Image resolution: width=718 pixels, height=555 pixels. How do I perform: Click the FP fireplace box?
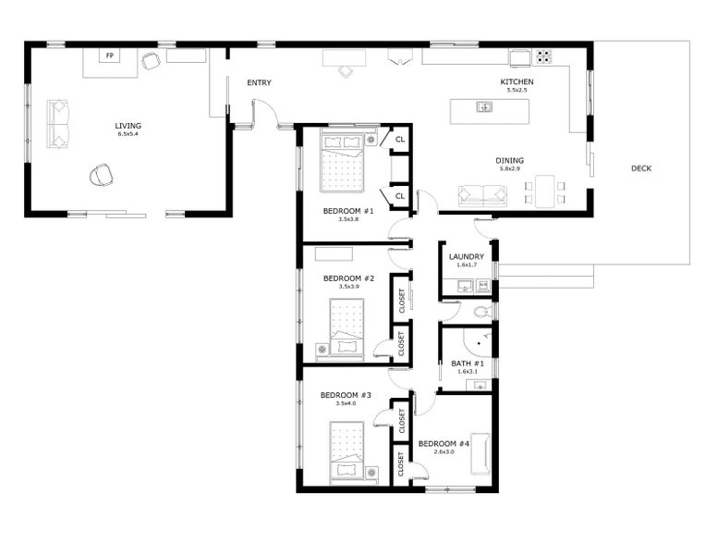[x=110, y=55]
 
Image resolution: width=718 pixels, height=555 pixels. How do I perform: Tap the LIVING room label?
[x=128, y=126]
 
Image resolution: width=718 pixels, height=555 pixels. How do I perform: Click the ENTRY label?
[x=259, y=83]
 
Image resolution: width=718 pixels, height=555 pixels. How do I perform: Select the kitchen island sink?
[x=484, y=107]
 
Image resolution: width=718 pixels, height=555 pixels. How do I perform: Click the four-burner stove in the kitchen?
[x=544, y=56]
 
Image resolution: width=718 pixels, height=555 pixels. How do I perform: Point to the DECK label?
[x=641, y=168]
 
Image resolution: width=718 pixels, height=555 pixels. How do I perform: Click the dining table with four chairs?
[x=545, y=191]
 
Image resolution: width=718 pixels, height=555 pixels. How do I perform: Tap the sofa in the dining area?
[x=482, y=196]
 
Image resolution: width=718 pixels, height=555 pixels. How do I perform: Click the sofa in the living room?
[x=57, y=124]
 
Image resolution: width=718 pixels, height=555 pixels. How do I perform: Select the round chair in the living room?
[x=102, y=175]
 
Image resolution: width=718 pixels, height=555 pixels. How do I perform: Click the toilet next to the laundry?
[x=481, y=312]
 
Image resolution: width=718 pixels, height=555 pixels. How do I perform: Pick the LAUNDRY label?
[x=466, y=256]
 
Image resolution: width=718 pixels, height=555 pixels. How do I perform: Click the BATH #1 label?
[x=467, y=364]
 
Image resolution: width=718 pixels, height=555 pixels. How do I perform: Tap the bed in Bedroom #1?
[x=342, y=163]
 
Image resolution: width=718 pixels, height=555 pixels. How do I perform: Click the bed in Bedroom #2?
[x=347, y=327]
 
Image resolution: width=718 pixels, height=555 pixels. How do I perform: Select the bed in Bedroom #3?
[x=347, y=451]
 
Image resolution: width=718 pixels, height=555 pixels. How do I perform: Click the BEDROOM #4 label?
[x=444, y=444]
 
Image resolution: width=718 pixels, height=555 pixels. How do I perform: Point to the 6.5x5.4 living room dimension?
[x=128, y=134]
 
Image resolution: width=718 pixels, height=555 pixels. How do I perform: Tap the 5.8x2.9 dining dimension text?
[x=510, y=168]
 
